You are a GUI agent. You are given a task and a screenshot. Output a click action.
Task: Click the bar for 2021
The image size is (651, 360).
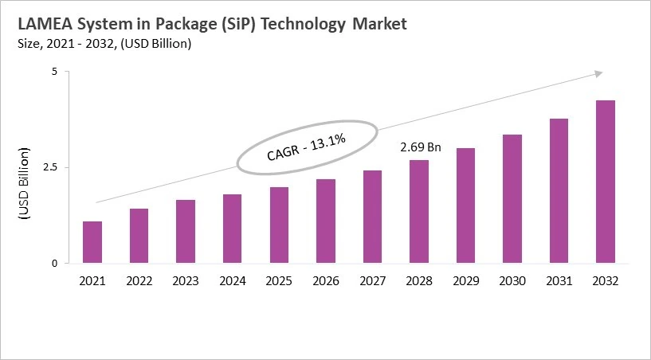coord(92,242)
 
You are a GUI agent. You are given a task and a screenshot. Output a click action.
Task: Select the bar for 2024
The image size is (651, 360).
coord(232,229)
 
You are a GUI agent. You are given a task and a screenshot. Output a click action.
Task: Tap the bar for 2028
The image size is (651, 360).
coord(418,212)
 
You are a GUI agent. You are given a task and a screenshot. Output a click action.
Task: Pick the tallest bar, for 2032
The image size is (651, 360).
coord(605,182)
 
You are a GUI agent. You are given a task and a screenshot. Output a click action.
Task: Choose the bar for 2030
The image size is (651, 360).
coord(512,199)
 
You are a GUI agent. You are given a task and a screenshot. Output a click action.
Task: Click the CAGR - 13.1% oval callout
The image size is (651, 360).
coord(306,146)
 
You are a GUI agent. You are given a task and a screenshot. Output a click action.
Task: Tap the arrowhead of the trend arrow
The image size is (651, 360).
coord(597,73)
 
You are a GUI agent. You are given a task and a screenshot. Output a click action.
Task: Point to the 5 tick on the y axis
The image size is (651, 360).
coord(55,72)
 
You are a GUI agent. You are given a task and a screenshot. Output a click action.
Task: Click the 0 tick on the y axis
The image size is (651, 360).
coord(55,264)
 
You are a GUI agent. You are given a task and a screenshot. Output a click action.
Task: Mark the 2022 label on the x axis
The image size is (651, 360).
coord(139,280)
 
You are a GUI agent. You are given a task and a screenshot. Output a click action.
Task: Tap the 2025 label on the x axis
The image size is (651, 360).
coord(279,280)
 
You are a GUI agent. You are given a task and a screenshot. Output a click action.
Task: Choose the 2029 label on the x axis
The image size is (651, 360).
coord(465,280)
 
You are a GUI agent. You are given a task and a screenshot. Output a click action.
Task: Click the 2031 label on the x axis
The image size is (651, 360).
coord(559,280)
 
